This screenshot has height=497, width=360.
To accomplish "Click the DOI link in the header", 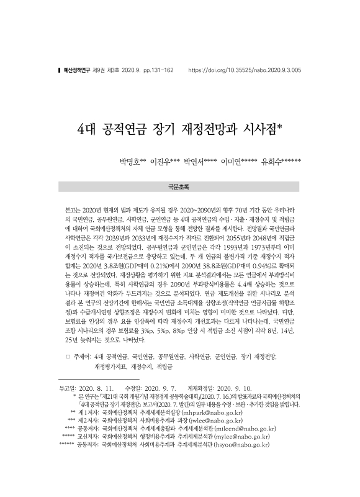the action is (244, 71).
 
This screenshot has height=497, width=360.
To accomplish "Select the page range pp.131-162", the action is (157, 71).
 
